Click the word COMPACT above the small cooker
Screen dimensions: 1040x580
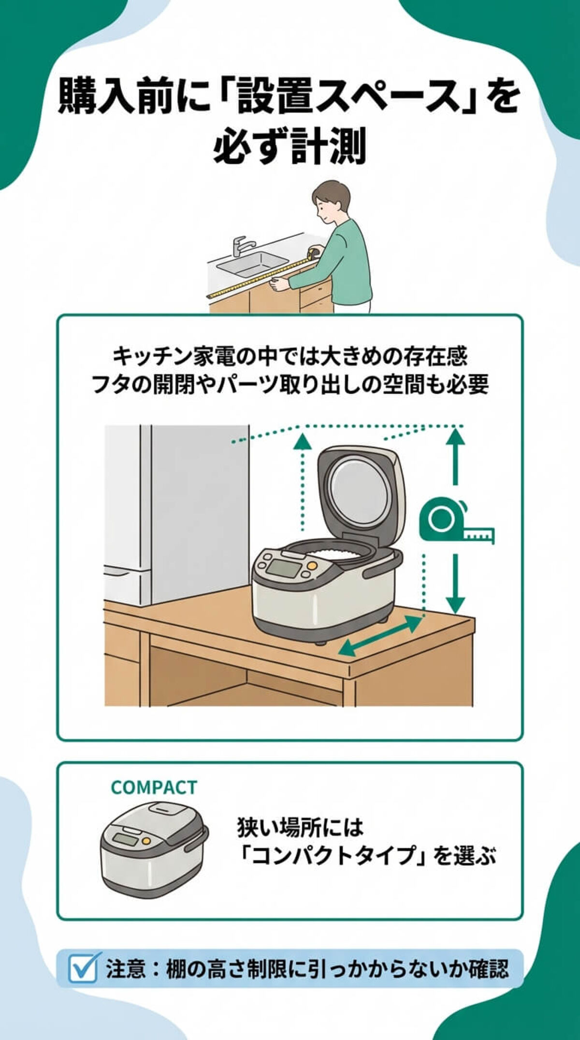[154, 787]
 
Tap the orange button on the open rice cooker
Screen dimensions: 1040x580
[312, 565]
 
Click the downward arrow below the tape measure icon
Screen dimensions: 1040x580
[455, 588]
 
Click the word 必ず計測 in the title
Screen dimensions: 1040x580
[290, 147]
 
